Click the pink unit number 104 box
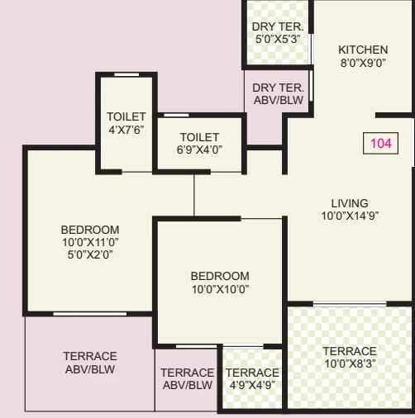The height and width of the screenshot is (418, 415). pos(380,143)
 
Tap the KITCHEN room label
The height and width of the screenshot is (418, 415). pos(362,50)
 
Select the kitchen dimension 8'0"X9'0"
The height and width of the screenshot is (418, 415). pos(362,63)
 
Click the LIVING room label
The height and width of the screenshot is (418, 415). pos(350,203)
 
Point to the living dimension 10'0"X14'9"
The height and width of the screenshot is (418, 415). pos(350,216)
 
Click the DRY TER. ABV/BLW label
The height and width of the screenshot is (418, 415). pos(278,93)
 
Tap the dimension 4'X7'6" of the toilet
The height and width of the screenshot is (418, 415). pos(126,130)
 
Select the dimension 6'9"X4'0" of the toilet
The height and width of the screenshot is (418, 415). pos(199,150)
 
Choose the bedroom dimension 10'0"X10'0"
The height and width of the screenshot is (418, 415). pos(219,289)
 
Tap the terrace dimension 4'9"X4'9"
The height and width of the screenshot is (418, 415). pos(252,385)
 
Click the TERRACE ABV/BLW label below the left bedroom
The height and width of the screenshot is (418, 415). pos(89,363)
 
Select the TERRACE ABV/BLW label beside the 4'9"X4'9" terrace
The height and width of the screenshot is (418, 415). pos(187,379)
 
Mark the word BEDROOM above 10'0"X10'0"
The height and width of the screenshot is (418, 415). pos(219,276)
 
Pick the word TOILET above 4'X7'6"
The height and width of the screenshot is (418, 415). pos(126,117)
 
